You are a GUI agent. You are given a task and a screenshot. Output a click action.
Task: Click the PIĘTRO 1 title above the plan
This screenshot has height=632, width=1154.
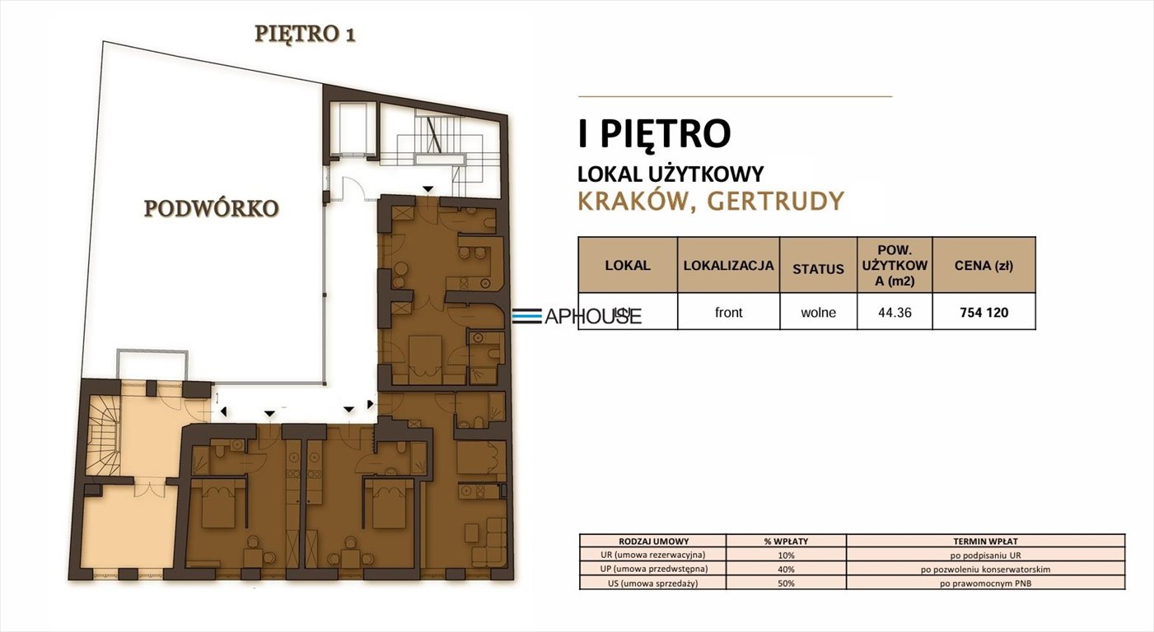click(305, 34)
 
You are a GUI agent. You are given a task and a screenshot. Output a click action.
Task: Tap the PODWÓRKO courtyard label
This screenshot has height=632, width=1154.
click(211, 209)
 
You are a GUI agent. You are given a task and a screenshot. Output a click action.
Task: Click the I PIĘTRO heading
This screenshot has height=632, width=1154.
click(654, 134)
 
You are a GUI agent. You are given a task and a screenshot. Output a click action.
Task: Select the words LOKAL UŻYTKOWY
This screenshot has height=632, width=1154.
click(670, 174)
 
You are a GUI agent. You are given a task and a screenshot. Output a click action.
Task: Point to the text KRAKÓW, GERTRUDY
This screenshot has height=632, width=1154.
click(711, 202)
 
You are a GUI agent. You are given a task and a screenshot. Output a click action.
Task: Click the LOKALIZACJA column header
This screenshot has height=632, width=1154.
click(728, 266)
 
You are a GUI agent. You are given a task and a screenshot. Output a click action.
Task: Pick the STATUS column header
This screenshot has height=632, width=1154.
click(818, 268)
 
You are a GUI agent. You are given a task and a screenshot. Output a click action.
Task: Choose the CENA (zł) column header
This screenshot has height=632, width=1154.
click(983, 266)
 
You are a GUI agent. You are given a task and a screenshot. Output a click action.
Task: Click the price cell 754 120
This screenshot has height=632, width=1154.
click(983, 313)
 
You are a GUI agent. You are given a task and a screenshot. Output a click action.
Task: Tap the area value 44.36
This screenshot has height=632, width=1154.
click(895, 313)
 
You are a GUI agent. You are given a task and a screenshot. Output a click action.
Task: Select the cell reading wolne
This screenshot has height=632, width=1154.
click(818, 313)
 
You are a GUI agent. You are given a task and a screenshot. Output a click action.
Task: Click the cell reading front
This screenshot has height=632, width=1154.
click(728, 313)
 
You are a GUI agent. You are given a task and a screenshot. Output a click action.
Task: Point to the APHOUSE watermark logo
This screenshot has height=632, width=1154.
click(577, 316)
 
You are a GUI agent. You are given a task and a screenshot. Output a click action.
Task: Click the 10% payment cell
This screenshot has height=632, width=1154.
click(786, 555)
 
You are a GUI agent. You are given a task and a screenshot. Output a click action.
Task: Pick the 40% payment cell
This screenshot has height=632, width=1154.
click(786, 569)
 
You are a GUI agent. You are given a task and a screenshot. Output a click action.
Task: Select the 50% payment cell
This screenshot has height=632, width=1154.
click(786, 583)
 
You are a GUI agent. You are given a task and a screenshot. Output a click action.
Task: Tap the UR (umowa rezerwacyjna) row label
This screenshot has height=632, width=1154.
click(653, 555)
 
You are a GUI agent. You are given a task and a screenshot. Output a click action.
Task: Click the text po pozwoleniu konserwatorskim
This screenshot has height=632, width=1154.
click(985, 569)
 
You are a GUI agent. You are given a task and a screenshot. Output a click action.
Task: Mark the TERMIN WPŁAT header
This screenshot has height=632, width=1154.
click(985, 541)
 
